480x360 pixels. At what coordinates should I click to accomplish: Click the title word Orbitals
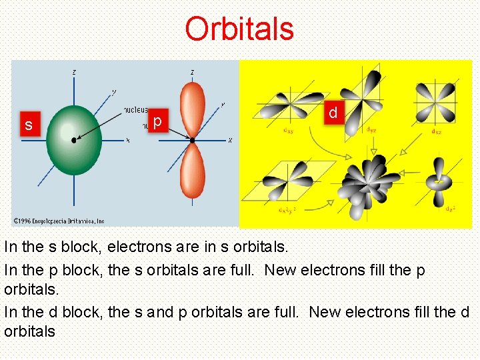[239, 29]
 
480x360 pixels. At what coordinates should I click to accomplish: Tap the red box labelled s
[28, 125]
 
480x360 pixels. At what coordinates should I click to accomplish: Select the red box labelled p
[157, 121]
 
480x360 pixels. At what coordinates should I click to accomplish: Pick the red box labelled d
[333, 114]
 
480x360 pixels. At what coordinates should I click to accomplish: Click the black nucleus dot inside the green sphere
[74, 140]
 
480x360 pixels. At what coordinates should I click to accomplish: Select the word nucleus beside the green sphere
[136, 109]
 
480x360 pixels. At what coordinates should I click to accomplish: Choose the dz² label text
[451, 209]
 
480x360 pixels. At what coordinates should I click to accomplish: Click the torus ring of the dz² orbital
[439, 181]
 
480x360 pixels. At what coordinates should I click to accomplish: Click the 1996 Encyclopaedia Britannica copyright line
[59, 221]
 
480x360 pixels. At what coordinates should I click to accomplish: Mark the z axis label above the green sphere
[73, 72]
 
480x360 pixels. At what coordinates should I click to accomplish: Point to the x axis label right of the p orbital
[230, 141]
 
